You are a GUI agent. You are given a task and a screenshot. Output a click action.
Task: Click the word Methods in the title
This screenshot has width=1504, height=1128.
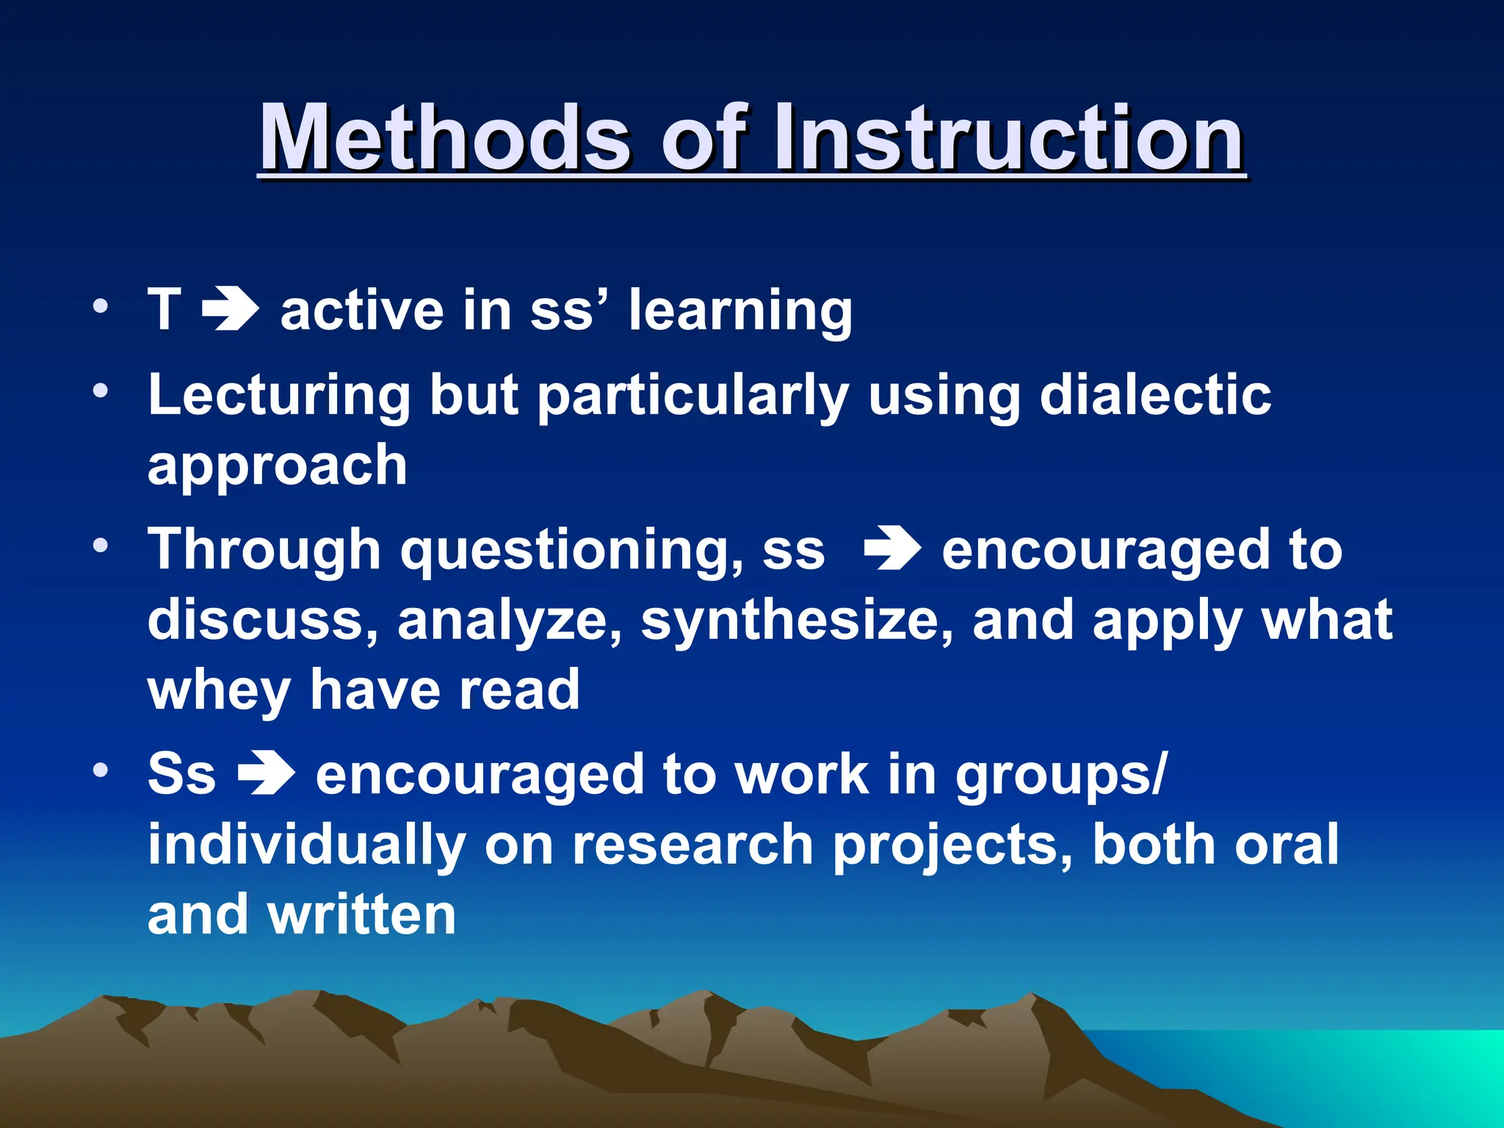click(445, 138)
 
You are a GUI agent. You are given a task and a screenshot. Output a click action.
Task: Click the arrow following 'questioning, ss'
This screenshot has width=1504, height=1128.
click(892, 550)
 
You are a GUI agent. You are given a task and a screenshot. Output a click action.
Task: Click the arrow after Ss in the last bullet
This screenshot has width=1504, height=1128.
click(266, 775)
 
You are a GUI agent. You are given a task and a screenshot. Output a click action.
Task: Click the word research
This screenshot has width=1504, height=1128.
click(693, 845)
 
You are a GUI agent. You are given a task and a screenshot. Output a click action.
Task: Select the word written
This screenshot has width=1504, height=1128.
click(362, 915)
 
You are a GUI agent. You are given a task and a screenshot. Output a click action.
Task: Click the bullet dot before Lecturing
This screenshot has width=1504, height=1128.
click(101, 390)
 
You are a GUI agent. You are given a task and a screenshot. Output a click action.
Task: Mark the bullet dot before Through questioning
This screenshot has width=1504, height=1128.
click(101, 545)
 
